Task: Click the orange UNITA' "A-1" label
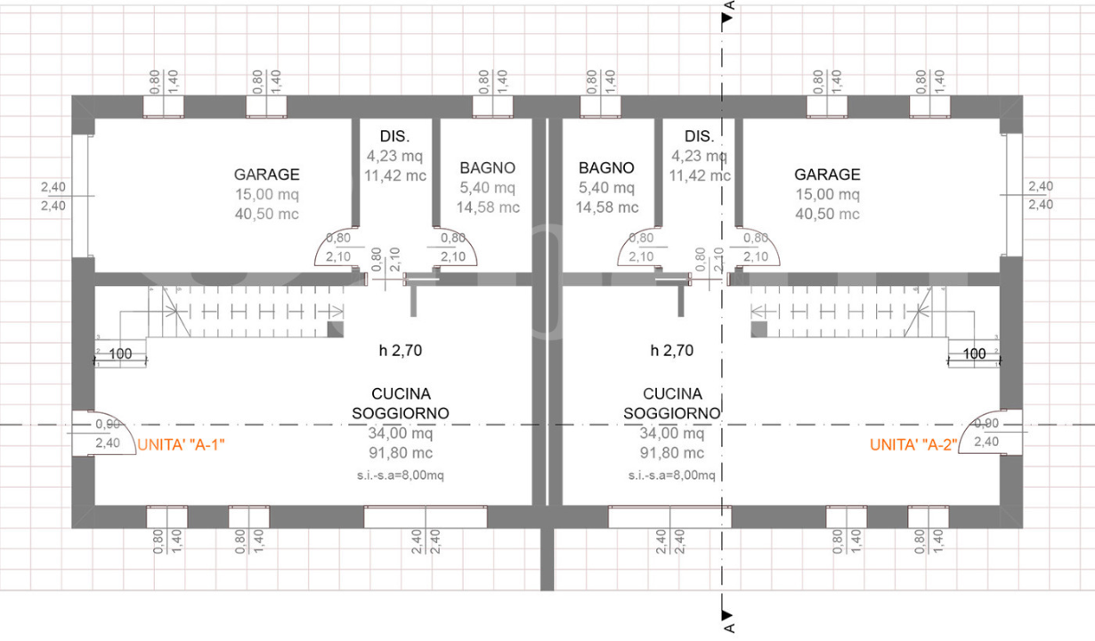click(181, 445)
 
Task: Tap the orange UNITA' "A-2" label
click(912, 445)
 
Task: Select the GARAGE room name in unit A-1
click(267, 174)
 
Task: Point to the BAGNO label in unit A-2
click(606, 167)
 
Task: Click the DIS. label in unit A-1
click(394, 136)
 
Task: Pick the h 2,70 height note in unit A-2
click(672, 351)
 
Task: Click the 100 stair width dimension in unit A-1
click(121, 353)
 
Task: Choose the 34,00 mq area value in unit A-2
click(672, 434)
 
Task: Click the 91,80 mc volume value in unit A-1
click(401, 453)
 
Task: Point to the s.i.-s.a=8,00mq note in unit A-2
click(672, 475)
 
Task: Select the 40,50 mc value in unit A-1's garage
click(267, 214)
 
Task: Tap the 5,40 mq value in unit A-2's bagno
click(606, 187)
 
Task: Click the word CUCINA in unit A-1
click(401, 394)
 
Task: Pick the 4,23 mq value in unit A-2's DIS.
click(700, 156)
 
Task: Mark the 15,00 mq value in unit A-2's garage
click(828, 194)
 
